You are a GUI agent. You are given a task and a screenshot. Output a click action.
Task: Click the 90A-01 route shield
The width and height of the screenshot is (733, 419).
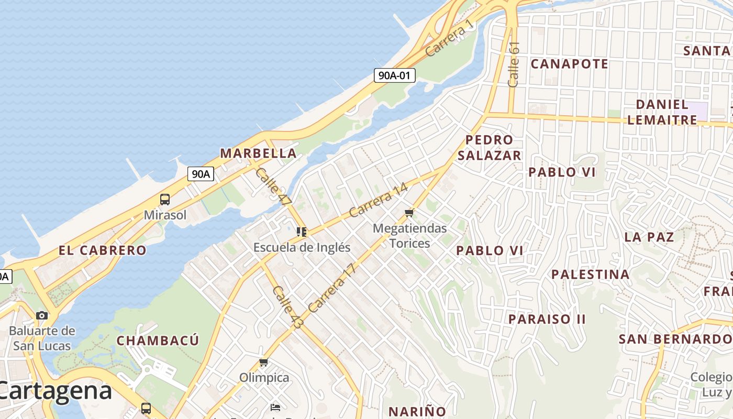click(x=395, y=75)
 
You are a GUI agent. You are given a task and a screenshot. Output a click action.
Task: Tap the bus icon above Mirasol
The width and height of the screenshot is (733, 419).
click(x=165, y=200)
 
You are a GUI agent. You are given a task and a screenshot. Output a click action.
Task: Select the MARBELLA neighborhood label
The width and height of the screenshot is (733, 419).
click(x=258, y=153)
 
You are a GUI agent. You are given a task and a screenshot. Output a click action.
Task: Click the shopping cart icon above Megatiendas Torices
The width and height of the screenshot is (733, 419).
click(x=409, y=213)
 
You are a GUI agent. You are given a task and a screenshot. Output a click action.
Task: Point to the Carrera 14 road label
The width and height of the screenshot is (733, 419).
click(x=378, y=200)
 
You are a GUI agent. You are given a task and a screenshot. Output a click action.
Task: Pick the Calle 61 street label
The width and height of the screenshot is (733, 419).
click(x=514, y=64)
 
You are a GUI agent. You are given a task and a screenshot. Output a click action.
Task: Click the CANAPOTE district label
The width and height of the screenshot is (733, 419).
click(x=569, y=64)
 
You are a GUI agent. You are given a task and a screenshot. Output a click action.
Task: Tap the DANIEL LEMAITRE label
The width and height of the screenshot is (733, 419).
click(x=662, y=112)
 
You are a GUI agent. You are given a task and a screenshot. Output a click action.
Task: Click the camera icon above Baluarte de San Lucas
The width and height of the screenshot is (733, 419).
click(x=42, y=315)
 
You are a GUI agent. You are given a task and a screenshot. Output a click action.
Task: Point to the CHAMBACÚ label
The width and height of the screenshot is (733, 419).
click(x=158, y=340)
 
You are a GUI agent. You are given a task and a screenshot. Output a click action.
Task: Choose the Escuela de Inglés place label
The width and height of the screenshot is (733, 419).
click(x=302, y=247)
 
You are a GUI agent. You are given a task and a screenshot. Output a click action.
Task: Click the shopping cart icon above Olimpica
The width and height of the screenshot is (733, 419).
click(x=264, y=362)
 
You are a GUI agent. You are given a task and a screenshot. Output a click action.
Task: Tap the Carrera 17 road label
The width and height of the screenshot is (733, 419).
click(x=332, y=288)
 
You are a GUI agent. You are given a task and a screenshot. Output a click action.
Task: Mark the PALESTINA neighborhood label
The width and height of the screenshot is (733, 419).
click(x=590, y=274)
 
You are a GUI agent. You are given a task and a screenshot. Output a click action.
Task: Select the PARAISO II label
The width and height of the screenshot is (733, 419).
click(x=547, y=319)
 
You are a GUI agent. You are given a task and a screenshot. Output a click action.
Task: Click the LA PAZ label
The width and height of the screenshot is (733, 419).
click(x=649, y=237)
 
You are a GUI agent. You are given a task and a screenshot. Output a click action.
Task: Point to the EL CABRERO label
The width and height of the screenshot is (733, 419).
click(x=102, y=250)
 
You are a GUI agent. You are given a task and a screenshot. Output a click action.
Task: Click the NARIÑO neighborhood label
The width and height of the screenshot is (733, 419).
click(x=417, y=411)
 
